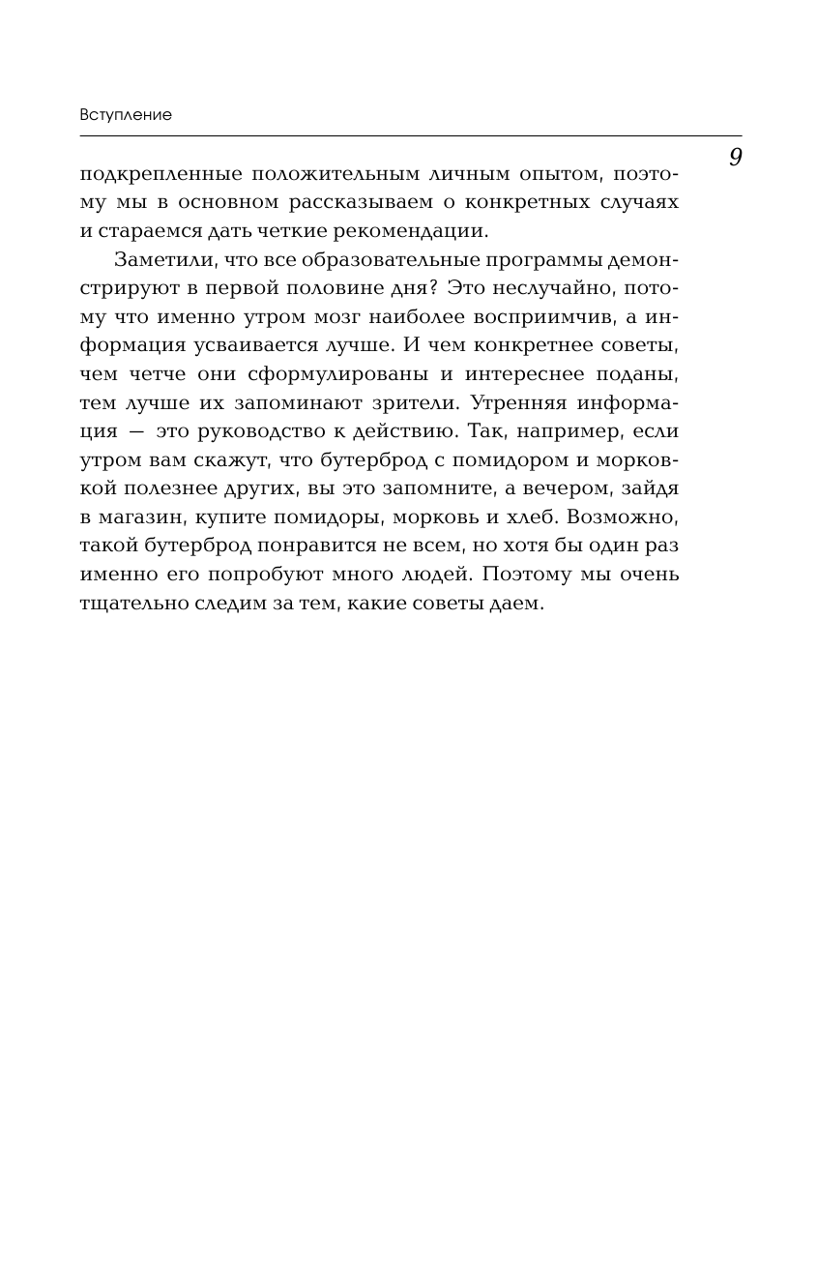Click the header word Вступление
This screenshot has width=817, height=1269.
pyautogui.click(x=126, y=115)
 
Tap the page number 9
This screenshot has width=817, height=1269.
pyautogui.click(x=735, y=157)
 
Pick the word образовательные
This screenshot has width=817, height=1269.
pyautogui.click(x=385, y=260)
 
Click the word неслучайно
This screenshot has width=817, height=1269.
pyautogui.click(x=557, y=288)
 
